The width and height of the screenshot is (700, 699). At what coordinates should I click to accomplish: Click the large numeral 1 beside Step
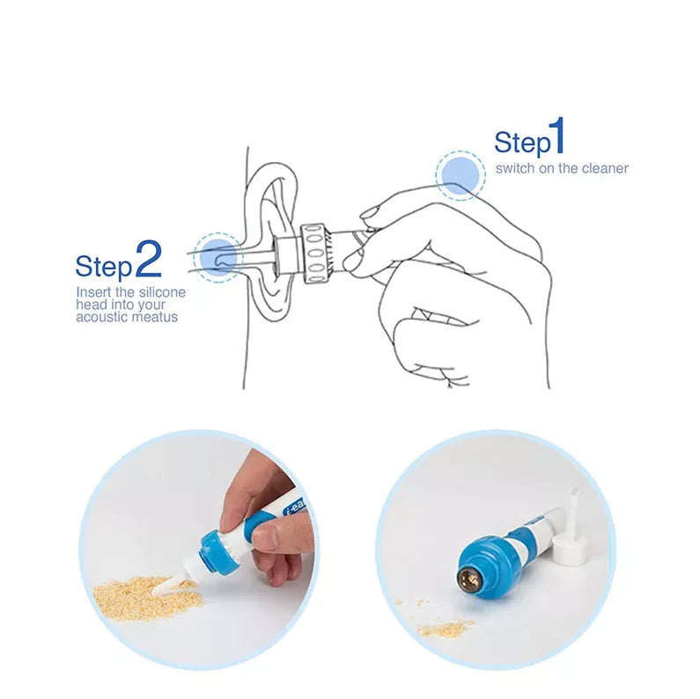click(556, 139)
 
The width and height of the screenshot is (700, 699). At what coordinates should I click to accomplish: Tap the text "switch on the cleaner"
click(562, 167)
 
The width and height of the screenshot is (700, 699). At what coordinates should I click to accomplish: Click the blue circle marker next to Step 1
click(460, 174)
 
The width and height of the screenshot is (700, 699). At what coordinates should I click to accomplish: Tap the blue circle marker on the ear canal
click(218, 256)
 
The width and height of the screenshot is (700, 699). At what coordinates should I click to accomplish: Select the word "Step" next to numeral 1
click(521, 143)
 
